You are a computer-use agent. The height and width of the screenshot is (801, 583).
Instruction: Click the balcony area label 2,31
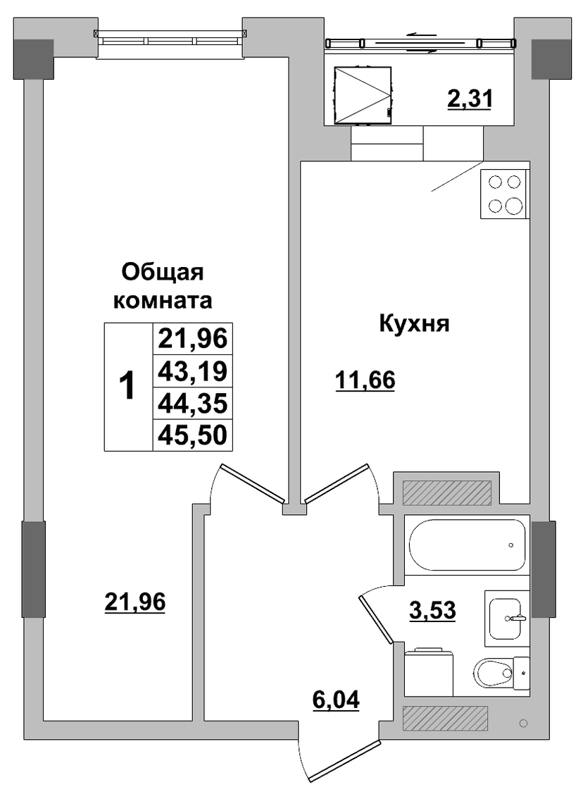point(469,99)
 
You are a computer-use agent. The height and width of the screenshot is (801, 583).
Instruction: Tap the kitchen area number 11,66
point(365,380)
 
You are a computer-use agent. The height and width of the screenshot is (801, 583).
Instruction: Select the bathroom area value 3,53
point(432,609)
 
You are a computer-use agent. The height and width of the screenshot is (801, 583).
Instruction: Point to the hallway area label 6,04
point(336,699)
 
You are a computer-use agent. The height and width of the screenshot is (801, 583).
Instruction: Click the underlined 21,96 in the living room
point(134,602)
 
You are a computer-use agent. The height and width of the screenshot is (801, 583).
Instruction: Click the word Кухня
point(414,323)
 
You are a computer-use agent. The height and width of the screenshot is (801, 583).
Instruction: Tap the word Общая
point(163,273)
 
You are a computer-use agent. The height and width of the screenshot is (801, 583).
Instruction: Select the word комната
point(163,300)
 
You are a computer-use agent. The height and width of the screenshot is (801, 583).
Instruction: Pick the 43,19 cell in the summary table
point(192,371)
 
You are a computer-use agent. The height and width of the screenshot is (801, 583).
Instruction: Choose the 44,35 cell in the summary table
point(192,404)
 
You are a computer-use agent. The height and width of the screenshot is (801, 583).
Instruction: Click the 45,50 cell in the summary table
point(192,435)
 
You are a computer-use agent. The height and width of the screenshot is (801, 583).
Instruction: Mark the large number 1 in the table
point(127,385)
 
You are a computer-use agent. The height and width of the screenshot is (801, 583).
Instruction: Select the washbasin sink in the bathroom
point(506,618)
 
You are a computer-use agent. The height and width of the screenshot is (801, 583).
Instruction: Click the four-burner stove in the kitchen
point(504,194)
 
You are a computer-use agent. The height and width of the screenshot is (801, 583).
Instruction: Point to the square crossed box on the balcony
point(363,96)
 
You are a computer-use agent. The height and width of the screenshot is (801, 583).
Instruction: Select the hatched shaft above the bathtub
point(446,493)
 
